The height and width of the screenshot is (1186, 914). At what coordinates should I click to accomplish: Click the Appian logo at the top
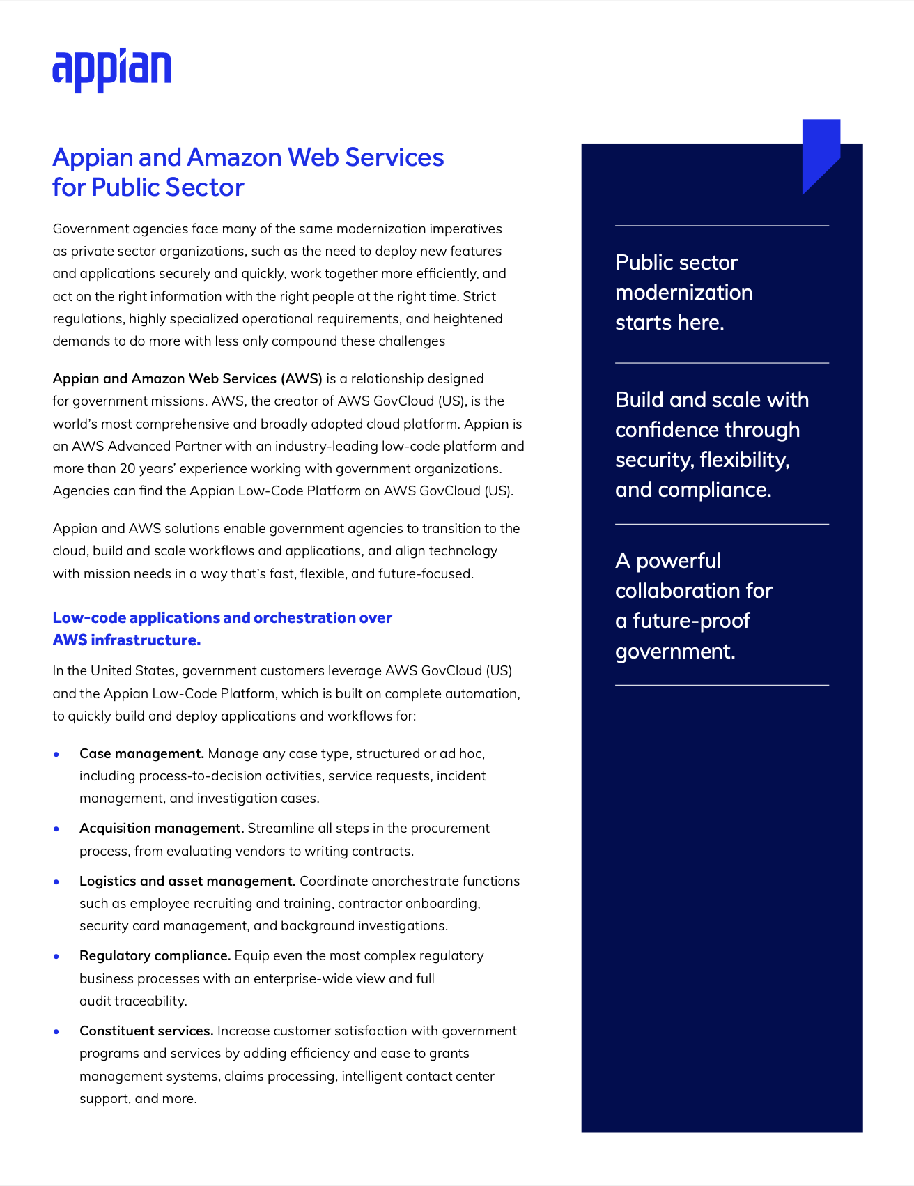[111, 70]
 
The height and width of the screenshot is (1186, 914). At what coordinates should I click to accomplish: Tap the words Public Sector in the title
[167, 187]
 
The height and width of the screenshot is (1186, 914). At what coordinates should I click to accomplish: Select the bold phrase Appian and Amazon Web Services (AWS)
[187, 378]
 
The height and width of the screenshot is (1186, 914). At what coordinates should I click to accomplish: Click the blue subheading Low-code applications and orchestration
[222, 618]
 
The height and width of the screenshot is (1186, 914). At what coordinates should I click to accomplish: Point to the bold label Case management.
[141, 753]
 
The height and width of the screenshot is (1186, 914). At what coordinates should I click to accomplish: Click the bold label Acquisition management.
[162, 828]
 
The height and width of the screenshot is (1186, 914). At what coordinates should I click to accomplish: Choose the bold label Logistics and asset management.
[187, 881]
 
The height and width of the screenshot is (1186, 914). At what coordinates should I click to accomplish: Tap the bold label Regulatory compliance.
[155, 955]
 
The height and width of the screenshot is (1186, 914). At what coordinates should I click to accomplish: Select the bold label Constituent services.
[146, 1031]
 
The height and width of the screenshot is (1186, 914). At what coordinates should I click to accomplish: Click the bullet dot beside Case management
[56, 754]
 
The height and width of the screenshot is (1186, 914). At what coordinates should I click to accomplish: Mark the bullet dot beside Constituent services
[56, 1031]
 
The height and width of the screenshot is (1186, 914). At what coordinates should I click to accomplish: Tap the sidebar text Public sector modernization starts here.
[683, 293]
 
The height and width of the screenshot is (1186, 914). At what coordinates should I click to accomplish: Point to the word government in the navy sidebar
[674, 652]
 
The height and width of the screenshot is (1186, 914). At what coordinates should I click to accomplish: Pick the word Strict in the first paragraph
[479, 296]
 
